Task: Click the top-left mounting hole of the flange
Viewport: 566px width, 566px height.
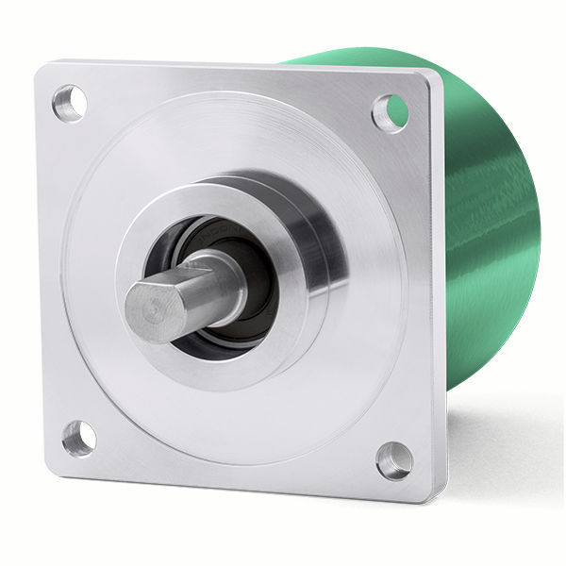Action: [70, 102]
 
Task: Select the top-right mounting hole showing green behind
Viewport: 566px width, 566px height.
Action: [390, 112]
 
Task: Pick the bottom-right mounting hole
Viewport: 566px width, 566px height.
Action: [393, 460]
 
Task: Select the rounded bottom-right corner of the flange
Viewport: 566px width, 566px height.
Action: [436, 491]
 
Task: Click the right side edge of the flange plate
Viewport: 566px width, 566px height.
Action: [437, 283]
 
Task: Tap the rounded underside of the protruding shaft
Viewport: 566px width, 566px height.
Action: [189, 316]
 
